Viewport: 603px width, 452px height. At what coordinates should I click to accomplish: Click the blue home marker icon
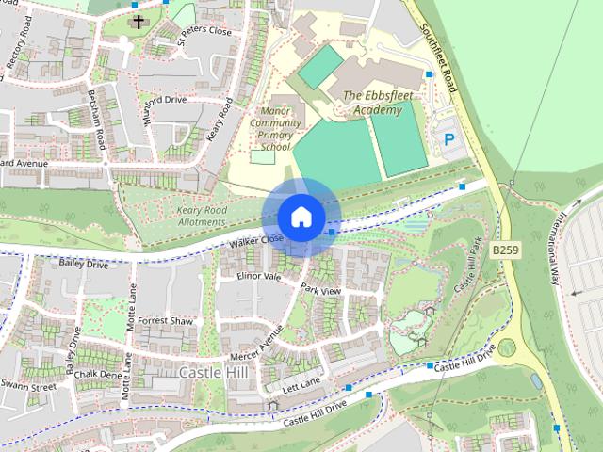300,218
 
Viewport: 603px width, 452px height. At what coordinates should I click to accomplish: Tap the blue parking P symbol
449,139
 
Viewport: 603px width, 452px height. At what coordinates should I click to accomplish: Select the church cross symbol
139,21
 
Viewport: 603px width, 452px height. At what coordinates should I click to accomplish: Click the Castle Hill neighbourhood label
214,372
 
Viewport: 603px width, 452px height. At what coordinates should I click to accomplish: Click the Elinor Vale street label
260,277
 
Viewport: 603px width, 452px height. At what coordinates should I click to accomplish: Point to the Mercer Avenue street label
256,347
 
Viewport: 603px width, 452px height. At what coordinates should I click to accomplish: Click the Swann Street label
28,386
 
